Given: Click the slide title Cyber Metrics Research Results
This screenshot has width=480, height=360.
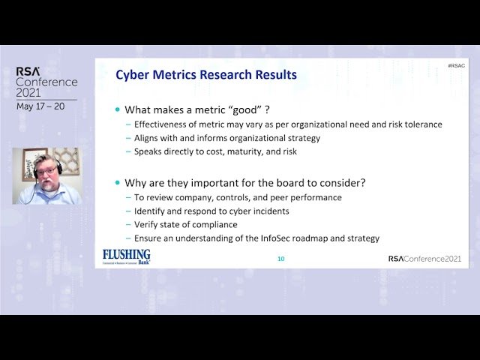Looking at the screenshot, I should [206, 75].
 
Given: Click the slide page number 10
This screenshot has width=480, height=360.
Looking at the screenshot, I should [281, 259].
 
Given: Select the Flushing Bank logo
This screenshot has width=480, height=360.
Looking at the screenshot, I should [126, 256].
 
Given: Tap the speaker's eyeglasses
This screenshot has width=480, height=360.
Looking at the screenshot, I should [46, 170].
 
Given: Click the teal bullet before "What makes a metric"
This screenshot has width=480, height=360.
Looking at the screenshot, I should [118, 109].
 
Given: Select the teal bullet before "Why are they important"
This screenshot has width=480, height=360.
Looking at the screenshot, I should [118, 183].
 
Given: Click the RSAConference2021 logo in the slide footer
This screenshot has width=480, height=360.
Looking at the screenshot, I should [424, 259].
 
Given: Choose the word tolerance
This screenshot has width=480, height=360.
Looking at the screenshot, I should [420, 124].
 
